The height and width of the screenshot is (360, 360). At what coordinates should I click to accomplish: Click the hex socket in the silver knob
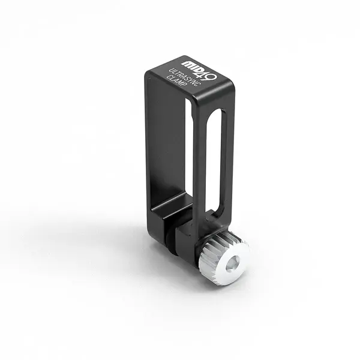[x=233, y=263]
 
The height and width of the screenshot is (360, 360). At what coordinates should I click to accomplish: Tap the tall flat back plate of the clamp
[x=165, y=144]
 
